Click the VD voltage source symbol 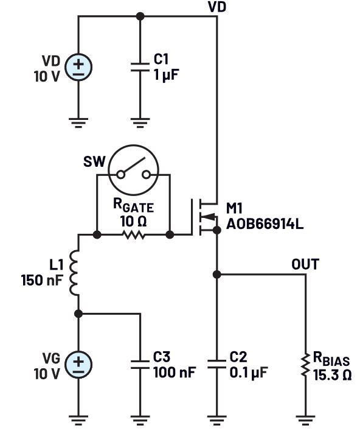coord(78,66)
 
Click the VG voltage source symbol coord(78,365)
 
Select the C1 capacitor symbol coord(140,66)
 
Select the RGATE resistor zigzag coord(134,234)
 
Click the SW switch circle coord(134,173)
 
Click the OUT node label coord(305,265)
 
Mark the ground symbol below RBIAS coord(305,419)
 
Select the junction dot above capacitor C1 coord(140,16)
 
